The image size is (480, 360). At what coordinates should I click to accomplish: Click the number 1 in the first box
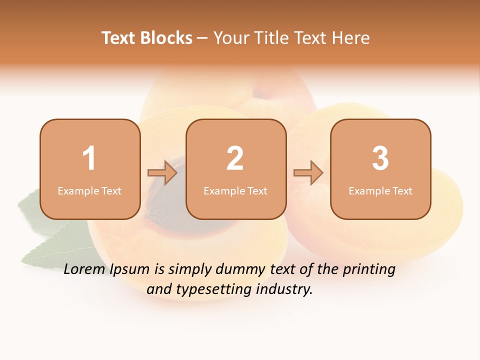pyautogui.click(x=89, y=158)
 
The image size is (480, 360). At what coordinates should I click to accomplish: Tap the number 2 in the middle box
pyautogui.click(x=235, y=158)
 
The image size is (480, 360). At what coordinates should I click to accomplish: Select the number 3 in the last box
pyautogui.click(x=380, y=158)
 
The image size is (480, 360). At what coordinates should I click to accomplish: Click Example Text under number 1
pyautogui.click(x=89, y=191)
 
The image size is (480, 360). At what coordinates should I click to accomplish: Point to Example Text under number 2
pyautogui.click(x=235, y=191)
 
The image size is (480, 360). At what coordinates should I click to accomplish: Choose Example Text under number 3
pyautogui.click(x=380, y=191)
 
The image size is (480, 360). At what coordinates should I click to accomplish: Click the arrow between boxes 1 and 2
pyautogui.click(x=162, y=172)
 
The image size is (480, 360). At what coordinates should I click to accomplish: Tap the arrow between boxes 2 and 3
pyautogui.click(x=308, y=172)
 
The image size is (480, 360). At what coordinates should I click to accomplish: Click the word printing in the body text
pyautogui.click(x=368, y=270)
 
